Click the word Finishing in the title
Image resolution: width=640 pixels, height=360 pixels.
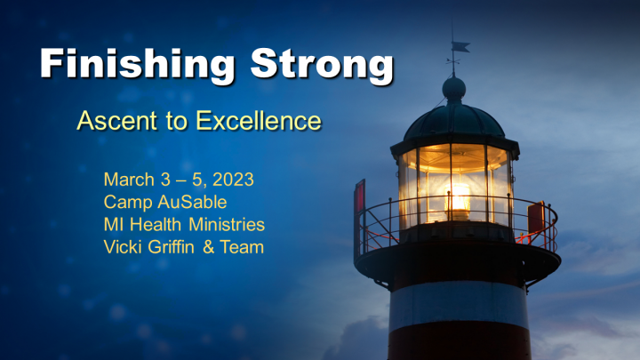tap(138, 65)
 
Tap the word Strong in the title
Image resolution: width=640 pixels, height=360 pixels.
tap(322, 65)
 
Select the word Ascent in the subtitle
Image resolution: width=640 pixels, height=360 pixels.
tap(117, 121)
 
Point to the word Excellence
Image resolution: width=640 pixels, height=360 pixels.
tap(259, 121)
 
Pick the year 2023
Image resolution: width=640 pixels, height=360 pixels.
tap(234, 180)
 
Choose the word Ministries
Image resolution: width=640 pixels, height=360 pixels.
tap(227, 225)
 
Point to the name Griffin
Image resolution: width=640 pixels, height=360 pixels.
tap(171, 247)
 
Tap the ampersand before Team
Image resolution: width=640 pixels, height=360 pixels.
tap(209, 247)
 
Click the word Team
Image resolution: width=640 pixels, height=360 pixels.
tap(242, 247)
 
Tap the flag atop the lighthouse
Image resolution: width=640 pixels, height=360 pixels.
tap(461, 47)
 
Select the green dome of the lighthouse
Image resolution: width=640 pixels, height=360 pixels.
tap(454, 121)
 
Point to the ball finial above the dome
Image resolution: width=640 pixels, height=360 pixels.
tap(454, 88)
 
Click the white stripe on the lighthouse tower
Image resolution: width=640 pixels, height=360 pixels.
tap(459, 304)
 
